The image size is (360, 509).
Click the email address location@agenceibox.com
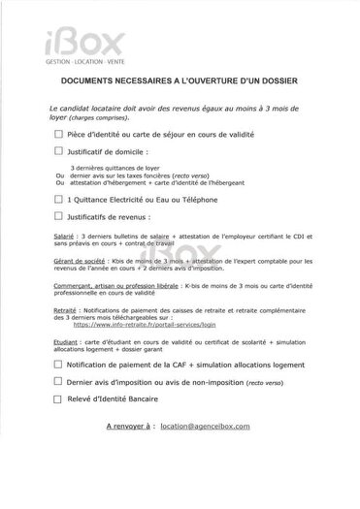(207, 426)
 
